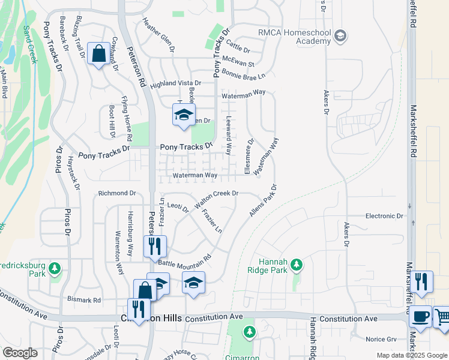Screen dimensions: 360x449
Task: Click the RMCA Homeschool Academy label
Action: pos(294,37)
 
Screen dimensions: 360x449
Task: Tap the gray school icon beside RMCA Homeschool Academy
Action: pos(340,37)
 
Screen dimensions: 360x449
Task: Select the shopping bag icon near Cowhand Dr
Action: pos(98,55)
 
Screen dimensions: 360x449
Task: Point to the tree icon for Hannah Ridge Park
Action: pos(296,264)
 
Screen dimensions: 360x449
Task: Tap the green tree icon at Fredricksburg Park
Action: pos(55,268)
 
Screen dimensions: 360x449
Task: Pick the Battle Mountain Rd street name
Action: pos(185,260)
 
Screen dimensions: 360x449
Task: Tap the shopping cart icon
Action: pos(442,318)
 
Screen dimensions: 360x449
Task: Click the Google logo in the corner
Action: pos(20,353)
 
